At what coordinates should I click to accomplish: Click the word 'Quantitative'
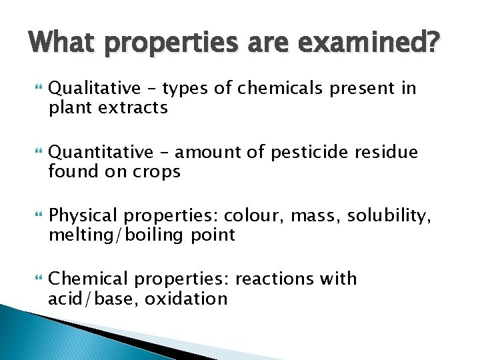click(97, 153)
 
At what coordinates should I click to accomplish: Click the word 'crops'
click(155, 171)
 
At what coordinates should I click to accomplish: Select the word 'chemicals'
click(279, 88)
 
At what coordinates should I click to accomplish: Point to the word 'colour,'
click(252, 216)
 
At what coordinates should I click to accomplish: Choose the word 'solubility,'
click(396, 216)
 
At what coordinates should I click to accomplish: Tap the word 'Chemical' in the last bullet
click(83, 279)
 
